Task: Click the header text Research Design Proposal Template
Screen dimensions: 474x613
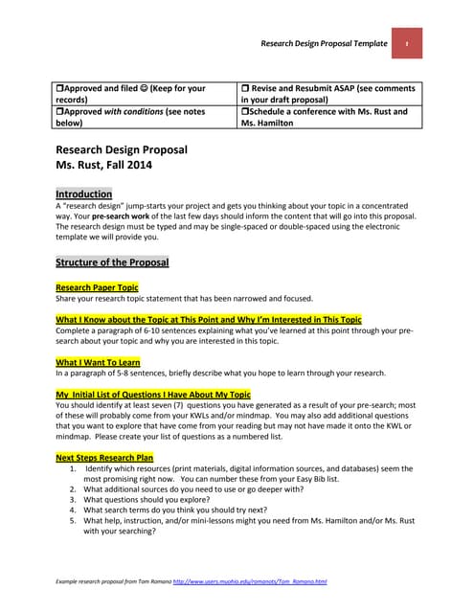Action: [x=324, y=44]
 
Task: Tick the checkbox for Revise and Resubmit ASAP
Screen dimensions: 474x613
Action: [x=245, y=88]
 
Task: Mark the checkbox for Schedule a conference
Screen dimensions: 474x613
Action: [x=245, y=112]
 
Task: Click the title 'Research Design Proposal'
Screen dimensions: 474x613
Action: [x=122, y=150]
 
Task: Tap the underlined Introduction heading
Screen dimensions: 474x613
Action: [x=84, y=193]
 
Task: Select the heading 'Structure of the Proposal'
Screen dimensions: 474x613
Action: [x=112, y=262]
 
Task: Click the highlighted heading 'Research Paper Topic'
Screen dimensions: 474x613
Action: [x=97, y=287]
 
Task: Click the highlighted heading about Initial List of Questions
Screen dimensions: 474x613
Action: [x=153, y=394]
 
